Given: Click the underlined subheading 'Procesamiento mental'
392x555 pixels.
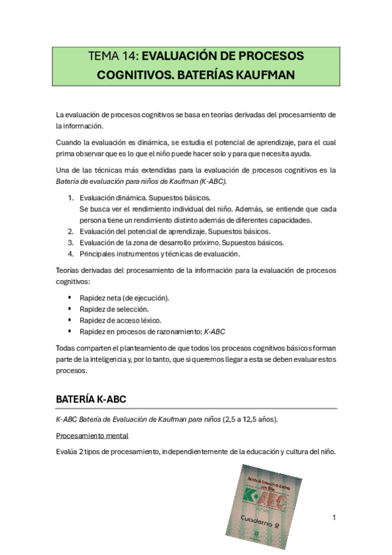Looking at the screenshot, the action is pyautogui.click(x=92, y=435).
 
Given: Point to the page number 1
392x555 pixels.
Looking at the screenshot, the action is pyautogui.click(x=334, y=518).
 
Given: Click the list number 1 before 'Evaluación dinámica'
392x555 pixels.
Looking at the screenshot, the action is pyautogui.click(x=71, y=198).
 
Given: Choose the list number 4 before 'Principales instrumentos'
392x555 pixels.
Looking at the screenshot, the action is pyautogui.click(x=71, y=253).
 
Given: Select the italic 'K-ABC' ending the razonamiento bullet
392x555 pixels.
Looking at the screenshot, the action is pyautogui.click(x=215, y=331).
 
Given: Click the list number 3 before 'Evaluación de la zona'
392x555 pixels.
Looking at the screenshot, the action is pyautogui.click(x=71, y=242).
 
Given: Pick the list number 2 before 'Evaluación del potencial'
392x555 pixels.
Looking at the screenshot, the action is pyautogui.click(x=71, y=231).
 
